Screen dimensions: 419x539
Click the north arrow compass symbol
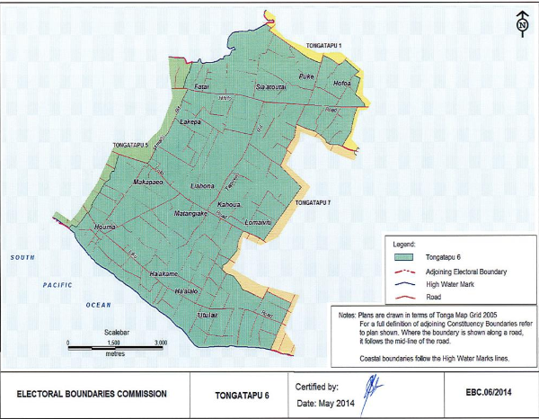(521, 23)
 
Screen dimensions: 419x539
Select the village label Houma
(106, 227)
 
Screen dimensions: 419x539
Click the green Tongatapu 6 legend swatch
(407, 257)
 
